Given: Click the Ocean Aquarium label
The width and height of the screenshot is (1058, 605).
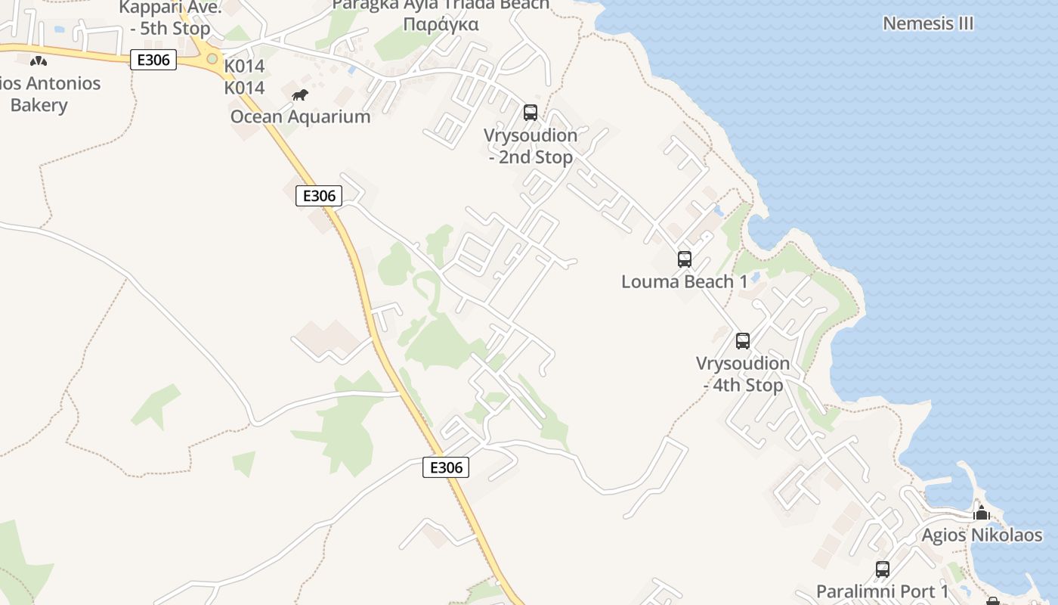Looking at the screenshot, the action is point(300,116).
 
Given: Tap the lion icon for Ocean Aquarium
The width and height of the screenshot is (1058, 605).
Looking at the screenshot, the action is point(300,95).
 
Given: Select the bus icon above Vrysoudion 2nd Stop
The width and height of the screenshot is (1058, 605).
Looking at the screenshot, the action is point(531,113).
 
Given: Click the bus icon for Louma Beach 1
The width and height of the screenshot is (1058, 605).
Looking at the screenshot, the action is point(685,259).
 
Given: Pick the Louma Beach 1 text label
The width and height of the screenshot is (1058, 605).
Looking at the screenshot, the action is point(684,282).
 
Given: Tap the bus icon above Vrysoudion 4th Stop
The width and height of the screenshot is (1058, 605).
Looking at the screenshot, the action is point(743,341).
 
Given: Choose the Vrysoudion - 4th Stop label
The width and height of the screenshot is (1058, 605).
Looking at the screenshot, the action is point(743,374).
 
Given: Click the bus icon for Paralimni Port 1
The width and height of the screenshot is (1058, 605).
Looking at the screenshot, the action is point(882,569).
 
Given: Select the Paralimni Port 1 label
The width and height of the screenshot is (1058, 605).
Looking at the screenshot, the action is point(882,591).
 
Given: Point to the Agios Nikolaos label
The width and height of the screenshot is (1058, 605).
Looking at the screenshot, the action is point(982,535).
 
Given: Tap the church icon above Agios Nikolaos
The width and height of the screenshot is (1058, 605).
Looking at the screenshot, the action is point(982,514).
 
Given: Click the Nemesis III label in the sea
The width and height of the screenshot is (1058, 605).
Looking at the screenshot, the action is point(928,23).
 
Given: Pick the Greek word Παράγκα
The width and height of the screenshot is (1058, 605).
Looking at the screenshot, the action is point(441,24).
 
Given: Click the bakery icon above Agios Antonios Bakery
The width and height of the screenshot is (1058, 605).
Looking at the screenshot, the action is point(38,61).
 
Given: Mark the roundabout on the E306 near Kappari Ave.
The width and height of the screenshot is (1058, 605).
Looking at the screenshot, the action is point(212,58).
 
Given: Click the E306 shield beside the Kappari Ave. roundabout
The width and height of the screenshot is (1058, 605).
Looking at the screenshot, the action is point(153,60).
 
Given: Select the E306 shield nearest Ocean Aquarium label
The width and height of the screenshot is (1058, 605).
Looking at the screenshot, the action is point(319,197).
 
